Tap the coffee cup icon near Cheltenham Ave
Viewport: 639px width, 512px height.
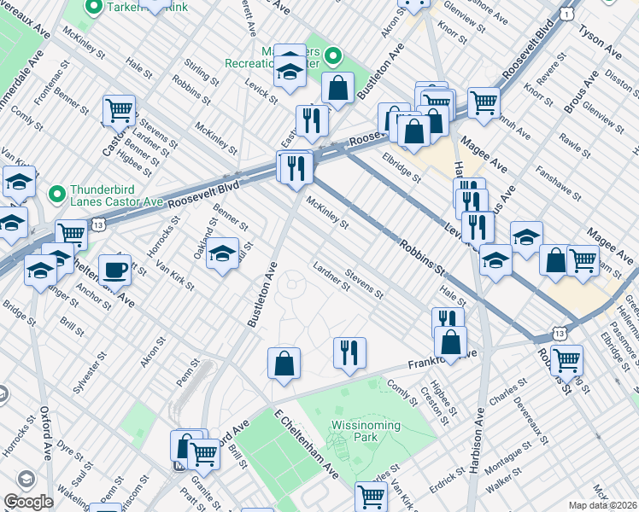tap(114, 271)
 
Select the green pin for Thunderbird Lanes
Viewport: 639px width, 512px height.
tap(56, 195)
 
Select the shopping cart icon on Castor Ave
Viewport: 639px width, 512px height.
tap(119, 110)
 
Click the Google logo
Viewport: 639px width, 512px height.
tap(27, 502)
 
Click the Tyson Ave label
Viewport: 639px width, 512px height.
tap(603, 41)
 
